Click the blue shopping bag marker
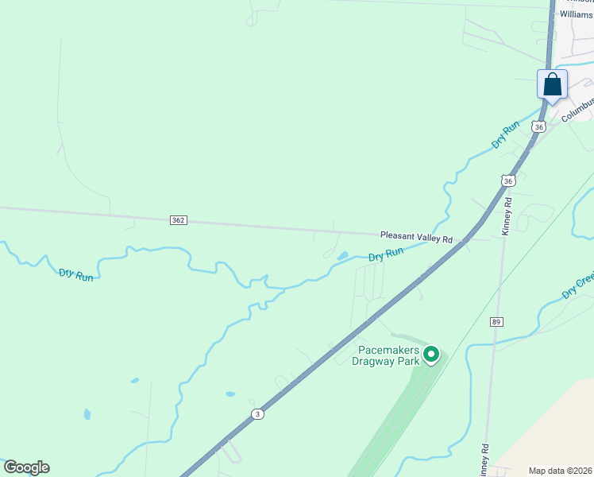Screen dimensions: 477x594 (553, 84)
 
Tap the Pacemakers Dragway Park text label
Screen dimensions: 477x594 (387, 355)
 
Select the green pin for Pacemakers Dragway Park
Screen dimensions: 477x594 (431, 354)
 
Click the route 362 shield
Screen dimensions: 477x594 (178, 220)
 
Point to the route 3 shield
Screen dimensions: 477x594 (257, 413)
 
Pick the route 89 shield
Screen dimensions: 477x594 (496, 321)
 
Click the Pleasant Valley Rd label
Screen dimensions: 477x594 (415, 237)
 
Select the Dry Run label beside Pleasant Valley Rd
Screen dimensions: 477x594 (386, 254)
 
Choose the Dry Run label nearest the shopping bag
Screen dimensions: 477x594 (505, 135)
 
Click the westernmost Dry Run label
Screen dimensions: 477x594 (76, 274)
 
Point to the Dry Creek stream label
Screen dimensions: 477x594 (577, 287)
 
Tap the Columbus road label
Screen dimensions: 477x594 (577, 108)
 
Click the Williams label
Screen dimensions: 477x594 (576, 14)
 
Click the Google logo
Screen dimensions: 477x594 (26, 467)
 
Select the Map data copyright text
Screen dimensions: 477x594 (561, 471)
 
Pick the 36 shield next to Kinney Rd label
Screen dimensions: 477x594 (508, 181)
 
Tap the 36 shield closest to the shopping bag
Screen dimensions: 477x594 (539, 126)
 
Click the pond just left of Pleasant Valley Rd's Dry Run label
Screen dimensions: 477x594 (343, 256)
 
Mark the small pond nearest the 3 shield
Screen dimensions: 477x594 (230, 394)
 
